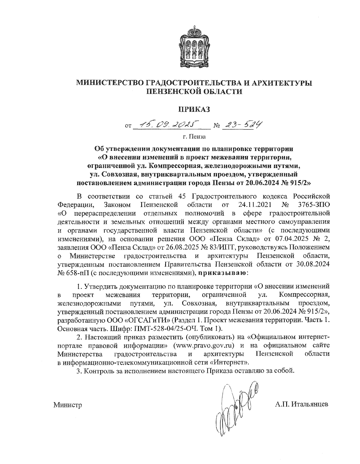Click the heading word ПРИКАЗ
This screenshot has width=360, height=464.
pos(193,109)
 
